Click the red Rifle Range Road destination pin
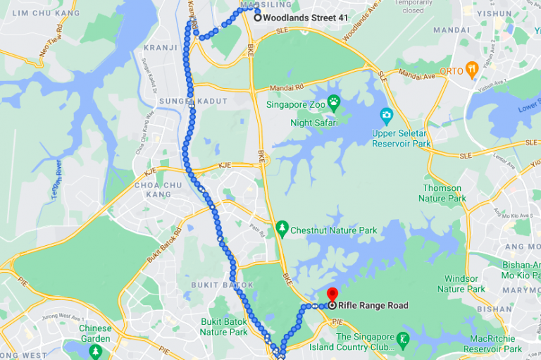click(x=332, y=295)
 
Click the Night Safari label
click(x=314, y=123)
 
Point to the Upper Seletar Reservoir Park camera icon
click(x=386, y=115)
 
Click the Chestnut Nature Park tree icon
click(x=282, y=229)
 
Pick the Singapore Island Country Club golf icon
click(x=402, y=340)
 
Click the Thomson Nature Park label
click(x=442, y=193)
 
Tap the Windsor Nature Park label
click(x=461, y=283)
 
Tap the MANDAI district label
click(x=452, y=30)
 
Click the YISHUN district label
click(x=494, y=13)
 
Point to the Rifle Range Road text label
click(x=373, y=306)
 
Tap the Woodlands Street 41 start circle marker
click(x=258, y=18)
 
